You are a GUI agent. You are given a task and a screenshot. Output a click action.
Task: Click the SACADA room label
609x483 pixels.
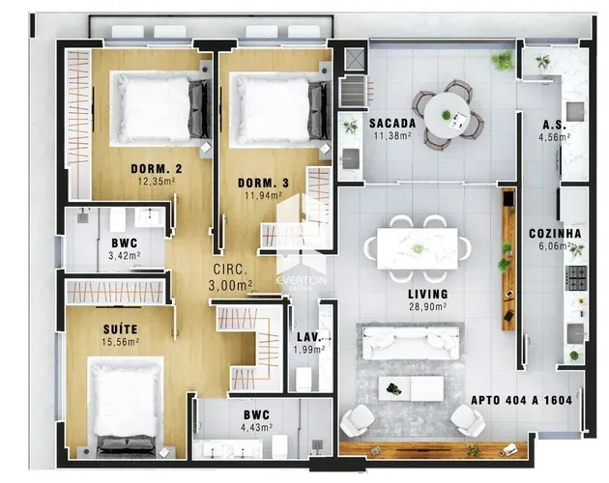392,124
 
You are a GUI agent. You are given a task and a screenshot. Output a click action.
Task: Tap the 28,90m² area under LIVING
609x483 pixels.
427,306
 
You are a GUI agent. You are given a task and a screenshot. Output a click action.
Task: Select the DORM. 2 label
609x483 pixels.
157,169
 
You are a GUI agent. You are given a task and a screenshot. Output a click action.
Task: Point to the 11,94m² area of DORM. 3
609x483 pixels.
263,195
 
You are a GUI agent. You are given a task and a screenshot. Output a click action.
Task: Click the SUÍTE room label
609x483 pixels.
121,329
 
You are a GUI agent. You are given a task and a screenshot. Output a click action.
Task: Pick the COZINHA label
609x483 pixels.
556,234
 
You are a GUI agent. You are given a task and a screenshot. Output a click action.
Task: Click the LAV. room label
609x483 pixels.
309,337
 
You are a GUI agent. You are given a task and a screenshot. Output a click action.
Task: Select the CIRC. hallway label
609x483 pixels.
230,270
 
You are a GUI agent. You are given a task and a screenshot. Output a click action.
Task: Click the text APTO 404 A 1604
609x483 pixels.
522,400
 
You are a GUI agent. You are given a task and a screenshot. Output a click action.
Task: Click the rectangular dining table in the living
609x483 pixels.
418,249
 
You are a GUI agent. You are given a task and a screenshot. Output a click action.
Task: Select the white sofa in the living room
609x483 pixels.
411,343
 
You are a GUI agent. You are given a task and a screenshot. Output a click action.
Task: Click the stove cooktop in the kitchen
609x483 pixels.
576,278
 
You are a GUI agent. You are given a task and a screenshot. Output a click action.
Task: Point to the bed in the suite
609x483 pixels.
126,406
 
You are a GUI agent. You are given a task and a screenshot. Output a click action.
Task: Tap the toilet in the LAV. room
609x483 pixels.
304,379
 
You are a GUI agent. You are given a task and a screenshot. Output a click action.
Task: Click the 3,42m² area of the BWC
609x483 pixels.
125,256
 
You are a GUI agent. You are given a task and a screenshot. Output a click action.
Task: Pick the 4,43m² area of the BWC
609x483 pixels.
256,428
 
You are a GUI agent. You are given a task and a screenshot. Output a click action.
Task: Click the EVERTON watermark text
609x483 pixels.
302,280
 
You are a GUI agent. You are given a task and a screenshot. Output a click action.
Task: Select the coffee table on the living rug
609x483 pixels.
411,388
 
